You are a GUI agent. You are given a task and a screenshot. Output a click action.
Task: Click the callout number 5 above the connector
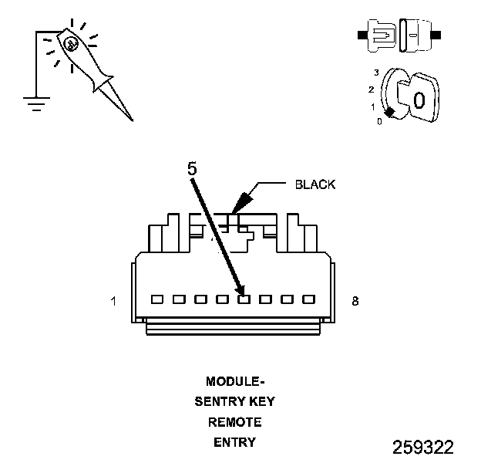click(193, 167)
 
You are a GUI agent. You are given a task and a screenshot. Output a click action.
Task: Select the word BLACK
click(316, 185)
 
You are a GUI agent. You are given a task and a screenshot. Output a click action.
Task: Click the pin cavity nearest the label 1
click(157, 299)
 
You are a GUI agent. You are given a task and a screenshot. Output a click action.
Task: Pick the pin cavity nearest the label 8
click(309, 299)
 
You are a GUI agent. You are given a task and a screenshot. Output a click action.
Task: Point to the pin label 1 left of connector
click(114, 302)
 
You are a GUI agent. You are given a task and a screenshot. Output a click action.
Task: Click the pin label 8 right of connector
click(355, 302)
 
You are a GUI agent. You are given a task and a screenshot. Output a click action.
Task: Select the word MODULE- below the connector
click(235, 381)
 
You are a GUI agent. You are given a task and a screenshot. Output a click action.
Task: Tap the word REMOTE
click(234, 422)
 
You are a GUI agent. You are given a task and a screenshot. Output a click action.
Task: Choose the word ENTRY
click(234, 442)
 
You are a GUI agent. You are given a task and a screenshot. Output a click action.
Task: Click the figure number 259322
click(422, 448)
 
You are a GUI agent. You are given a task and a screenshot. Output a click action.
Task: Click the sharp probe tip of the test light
click(131, 119)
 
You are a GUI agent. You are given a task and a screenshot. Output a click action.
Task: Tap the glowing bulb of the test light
click(70, 44)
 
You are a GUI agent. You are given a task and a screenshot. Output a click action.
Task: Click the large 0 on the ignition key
click(419, 100)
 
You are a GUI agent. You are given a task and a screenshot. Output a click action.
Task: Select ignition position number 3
click(375, 73)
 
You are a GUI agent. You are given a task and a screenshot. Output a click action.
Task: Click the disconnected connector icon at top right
click(398, 35)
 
